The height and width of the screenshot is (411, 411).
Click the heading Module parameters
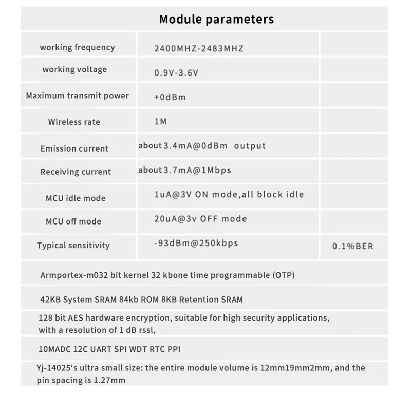click(216, 20)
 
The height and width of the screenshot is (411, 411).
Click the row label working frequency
click(77, 47)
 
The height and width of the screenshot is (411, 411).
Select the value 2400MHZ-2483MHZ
click(199, 49)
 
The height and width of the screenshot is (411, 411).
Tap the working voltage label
click(74, 69)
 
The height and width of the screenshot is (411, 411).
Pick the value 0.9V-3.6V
click(176, 72)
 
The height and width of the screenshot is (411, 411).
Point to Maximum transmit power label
click(77, 96)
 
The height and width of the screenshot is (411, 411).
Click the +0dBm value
click(170, 97)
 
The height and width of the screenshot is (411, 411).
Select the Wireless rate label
click(74, 122)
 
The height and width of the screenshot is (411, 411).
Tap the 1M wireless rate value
click(160, 122)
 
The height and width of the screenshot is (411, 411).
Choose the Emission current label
click(74, 148)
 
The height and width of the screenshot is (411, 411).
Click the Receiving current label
click(76, 172)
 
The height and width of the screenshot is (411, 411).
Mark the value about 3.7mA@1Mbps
click(185, 170)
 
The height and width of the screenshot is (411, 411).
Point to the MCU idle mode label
click(76, 198)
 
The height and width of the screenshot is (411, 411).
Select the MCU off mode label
click(73, 221)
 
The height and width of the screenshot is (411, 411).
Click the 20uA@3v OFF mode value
click(201, 219)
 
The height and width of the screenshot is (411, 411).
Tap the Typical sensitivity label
click(73, 245)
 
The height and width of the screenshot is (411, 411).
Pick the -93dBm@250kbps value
click(196, 242)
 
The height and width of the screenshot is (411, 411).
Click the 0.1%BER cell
click(352, 246)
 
